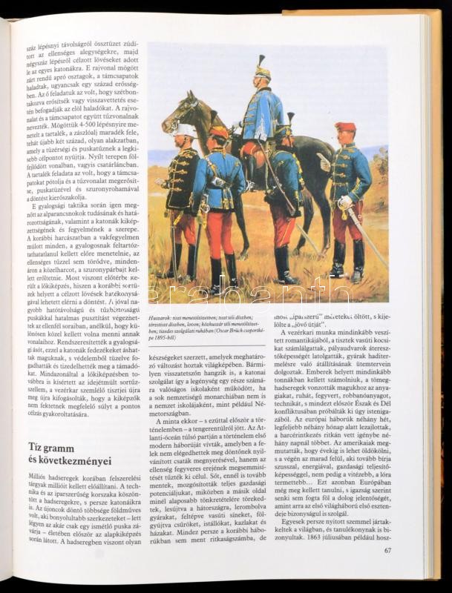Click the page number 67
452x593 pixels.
tap(387, 550)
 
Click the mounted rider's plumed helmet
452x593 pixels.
tap(262, 69)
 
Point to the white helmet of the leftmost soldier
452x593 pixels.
tap(185, 130)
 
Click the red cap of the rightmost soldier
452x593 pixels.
tap(344, 127)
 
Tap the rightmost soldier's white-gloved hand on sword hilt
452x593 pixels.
tap(344, 201)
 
